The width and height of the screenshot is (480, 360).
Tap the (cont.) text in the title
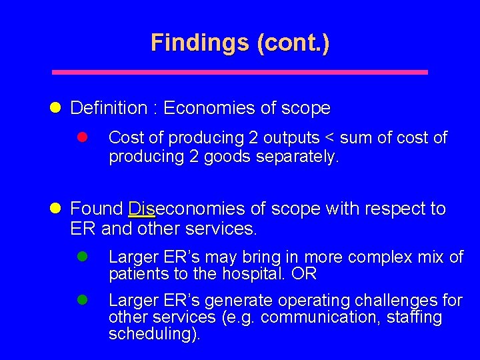291,43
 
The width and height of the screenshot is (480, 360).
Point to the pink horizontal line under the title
240,72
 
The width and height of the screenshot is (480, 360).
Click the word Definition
108,108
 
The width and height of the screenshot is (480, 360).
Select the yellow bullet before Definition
57,107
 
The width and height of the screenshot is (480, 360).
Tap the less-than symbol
329,138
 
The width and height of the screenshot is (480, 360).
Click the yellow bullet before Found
57,209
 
